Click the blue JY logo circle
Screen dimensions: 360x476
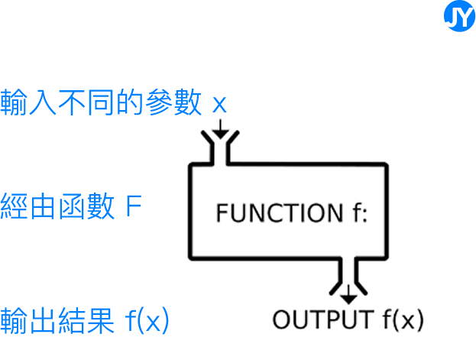[459, 17]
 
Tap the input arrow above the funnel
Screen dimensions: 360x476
[219, 126]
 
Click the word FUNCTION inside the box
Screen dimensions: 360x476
[273, 213]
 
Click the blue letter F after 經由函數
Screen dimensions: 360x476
[133, 208]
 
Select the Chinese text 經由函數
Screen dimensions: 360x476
[58, 208]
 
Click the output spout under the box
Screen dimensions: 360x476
[348, 275]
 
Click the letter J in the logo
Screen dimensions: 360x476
[454, 18]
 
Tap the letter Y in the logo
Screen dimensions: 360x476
[465, 18]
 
